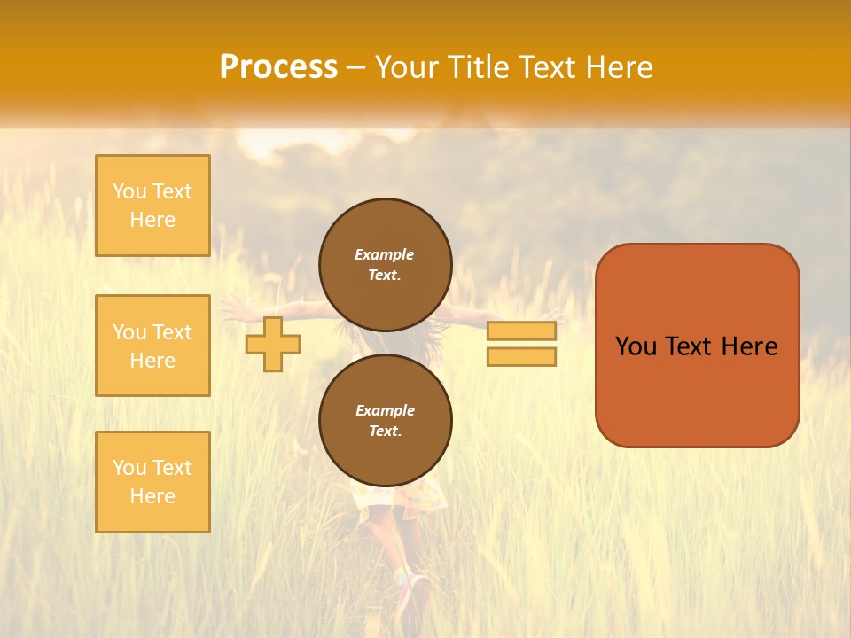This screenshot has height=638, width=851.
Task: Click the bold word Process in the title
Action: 278,67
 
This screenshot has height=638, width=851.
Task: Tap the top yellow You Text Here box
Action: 152,206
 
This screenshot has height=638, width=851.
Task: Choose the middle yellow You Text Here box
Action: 152,346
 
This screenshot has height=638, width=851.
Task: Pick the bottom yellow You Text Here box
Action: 152,482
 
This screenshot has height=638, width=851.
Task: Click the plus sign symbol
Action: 272,344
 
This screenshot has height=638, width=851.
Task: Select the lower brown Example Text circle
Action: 385,420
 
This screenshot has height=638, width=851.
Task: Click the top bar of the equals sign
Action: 521,331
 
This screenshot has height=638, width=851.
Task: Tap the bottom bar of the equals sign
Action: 521,357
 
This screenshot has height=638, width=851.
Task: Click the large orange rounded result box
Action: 697,390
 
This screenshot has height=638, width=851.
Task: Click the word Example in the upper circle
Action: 385,254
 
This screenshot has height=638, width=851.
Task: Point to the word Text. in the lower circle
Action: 385,431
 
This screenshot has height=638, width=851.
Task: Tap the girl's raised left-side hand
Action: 232,307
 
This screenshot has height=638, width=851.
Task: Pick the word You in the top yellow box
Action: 129,191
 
